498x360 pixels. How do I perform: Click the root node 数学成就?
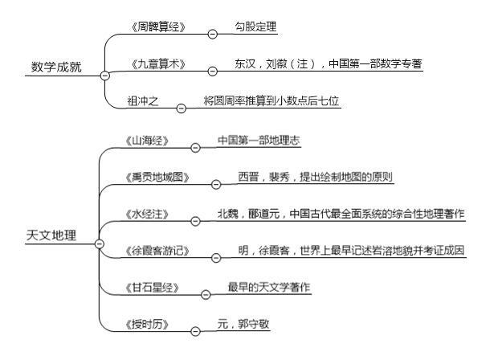56,67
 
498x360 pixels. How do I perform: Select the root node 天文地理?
51,235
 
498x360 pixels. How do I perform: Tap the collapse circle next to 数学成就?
104,76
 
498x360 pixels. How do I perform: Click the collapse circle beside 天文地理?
100,243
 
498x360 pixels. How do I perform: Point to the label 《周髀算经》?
158,27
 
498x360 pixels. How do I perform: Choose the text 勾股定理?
255,27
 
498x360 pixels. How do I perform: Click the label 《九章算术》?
158,64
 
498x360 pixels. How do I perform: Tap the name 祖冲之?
143,101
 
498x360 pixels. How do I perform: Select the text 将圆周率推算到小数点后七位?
271,101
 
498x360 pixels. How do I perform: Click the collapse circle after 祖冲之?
181,108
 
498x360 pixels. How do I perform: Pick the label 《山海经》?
147,141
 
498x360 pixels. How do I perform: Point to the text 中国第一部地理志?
259,140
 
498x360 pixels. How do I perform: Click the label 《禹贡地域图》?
157,178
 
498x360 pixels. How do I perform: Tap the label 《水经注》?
147,215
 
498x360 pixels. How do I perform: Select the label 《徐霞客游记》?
157,251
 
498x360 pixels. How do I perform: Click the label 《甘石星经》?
152,288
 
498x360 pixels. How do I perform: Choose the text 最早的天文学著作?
269,287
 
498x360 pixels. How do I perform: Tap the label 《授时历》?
147,325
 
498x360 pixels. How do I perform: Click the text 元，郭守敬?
243,324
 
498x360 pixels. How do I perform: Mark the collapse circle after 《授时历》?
195,331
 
